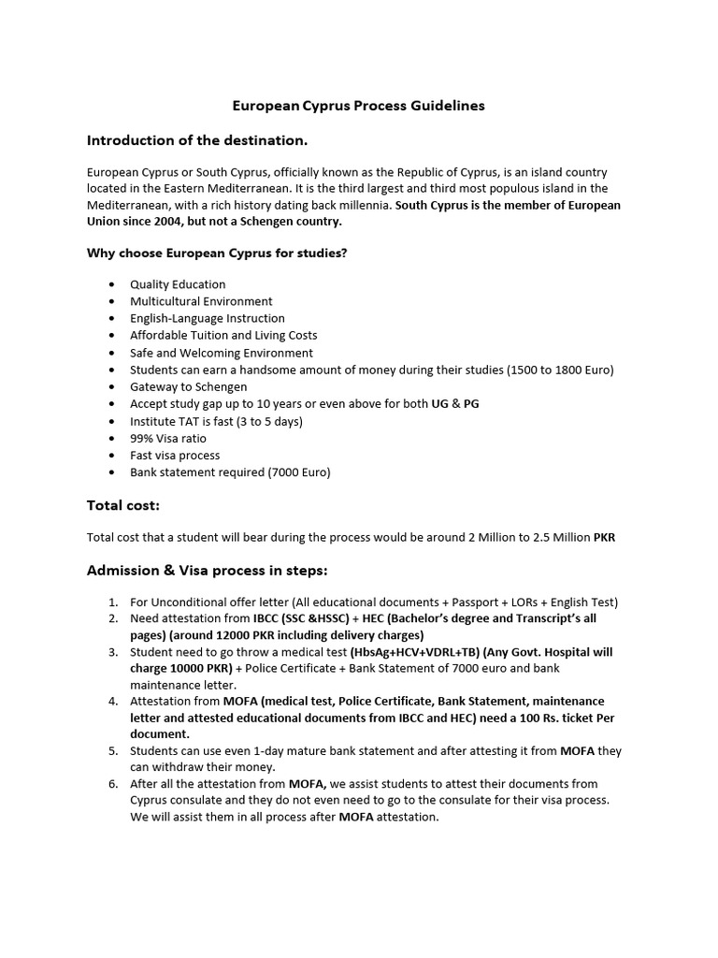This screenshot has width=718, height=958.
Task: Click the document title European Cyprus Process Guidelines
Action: pos(358,106)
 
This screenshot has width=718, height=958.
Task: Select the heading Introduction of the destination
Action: pos(197,140)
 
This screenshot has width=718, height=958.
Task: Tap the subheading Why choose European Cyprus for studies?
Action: pos(217,253)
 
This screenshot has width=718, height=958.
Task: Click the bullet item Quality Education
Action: pos(178,284)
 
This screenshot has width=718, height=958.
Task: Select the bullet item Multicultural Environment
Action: pos(201,301)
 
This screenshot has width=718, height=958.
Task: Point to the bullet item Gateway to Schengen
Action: pos(189,386)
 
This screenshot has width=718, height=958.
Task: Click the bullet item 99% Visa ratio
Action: pos(168,438)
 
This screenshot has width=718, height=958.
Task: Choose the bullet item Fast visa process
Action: pos(175,455)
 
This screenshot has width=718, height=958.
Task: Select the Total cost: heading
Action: pos(123,505)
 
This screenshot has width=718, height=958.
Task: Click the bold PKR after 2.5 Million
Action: pos(605,537)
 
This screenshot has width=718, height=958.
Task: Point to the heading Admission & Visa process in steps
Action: pos(208,571)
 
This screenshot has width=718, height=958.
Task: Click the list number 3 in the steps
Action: pos(112,652)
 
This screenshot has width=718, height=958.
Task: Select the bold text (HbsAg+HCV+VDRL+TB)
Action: pos(414,652)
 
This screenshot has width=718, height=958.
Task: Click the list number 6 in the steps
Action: pos(112,783)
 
